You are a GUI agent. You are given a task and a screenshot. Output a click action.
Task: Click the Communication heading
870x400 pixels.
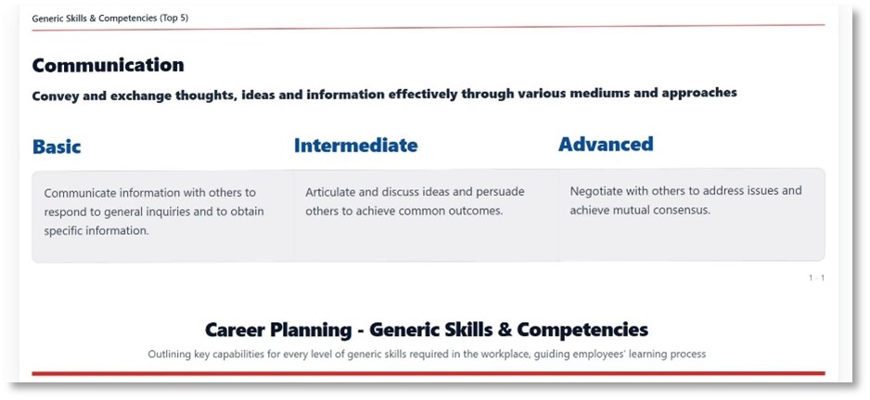click(108, 65)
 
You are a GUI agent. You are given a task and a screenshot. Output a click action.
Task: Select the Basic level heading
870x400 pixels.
click(57, 147)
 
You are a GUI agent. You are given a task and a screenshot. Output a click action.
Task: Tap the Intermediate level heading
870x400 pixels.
click(355, 146)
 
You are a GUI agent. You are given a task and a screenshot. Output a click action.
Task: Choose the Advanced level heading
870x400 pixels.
click(606, 144)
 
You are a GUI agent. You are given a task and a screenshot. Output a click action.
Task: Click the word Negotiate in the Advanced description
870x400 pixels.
click(597, 191)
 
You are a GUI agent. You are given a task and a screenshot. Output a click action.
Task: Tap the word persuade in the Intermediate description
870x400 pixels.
click(499, 192)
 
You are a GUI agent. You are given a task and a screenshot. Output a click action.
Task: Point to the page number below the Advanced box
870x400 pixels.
click(816, 277)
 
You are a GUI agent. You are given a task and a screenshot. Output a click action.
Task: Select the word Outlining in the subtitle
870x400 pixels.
click(170, 354)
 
